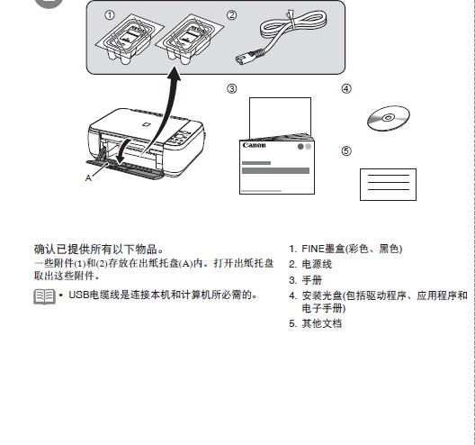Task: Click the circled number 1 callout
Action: click(x=110, y=15)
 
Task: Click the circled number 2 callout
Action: click(x=231, y=15)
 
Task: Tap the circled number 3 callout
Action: click(x=231, y=88)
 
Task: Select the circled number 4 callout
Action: click(x=346, y=88)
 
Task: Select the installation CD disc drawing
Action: click(x=389, y=119)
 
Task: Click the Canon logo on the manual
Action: click(x=255, y=145)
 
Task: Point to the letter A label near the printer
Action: click(x=88, y=178)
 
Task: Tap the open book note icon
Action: click(x=43, y=296)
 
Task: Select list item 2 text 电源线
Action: click(x=316, y=265)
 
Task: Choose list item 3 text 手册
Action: click(x=310, y=280)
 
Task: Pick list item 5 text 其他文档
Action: click(x=321, y=323)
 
